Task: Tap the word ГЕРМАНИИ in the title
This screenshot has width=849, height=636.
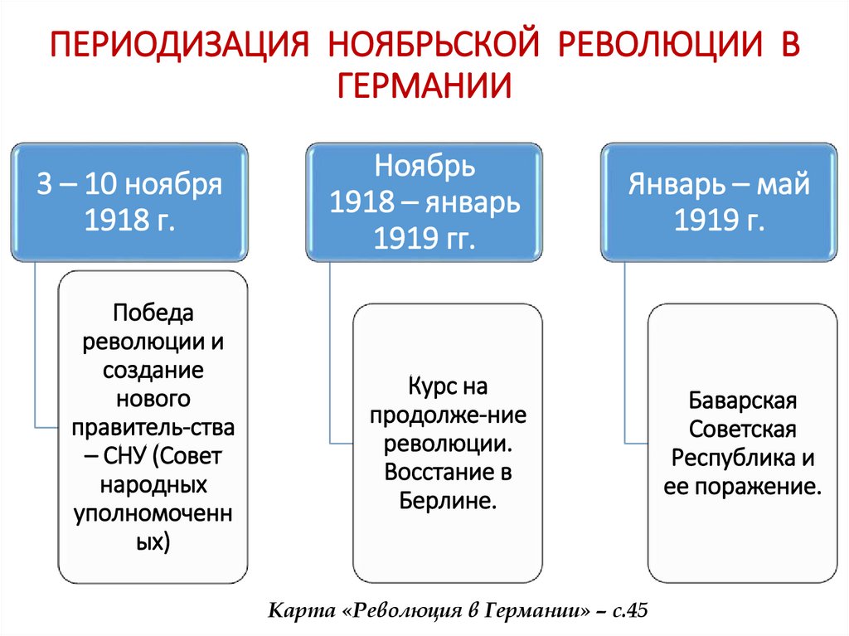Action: (424, 85)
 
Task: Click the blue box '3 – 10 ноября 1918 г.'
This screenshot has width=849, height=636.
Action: (130, 202)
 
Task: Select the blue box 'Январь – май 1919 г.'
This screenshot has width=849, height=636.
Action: (719, 202)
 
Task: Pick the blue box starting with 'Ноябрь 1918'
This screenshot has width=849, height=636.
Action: (424, 202)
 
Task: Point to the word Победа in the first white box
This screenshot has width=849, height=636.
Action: (153, 313)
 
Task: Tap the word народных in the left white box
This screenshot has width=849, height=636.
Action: (153, 484)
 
